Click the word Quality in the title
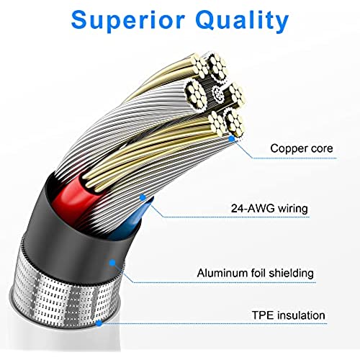[242, 21]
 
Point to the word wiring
[293, 209]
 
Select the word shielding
[292, 274]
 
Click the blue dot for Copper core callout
[232, 138]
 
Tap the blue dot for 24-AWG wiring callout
[143, 197]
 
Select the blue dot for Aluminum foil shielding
[112, 263]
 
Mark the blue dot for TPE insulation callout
[99, 323]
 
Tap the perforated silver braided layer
[65, 295]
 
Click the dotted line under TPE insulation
[213, 324]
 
